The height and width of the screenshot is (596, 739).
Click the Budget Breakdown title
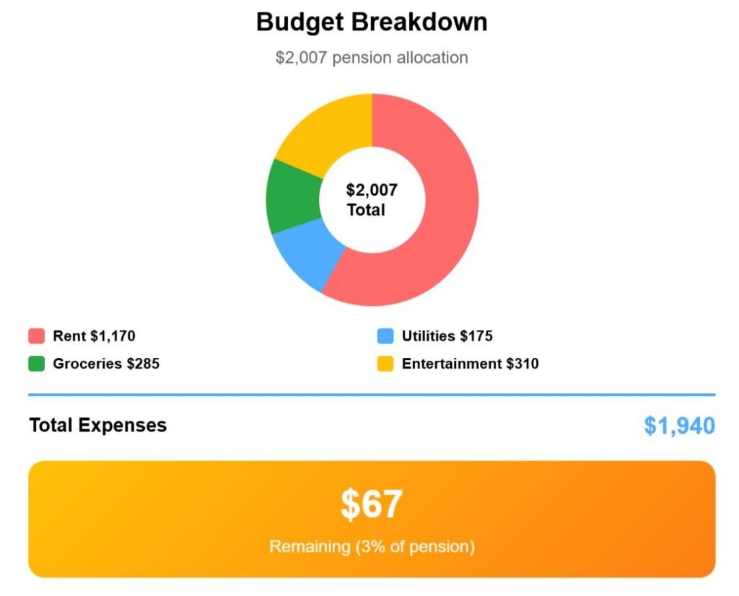pos(372,22)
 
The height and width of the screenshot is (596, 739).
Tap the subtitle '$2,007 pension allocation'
pos(372,58)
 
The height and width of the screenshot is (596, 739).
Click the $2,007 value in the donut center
pos(372,190)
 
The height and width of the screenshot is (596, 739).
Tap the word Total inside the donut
pos(366,210)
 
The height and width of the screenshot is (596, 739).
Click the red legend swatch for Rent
pos(37,336)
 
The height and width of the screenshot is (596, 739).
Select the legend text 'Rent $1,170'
pos(94,336)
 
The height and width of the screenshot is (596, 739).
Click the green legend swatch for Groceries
pos(37,364)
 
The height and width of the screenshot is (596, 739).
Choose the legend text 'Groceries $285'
pos(106,364)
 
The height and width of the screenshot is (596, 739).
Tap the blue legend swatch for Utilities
pos(385,336)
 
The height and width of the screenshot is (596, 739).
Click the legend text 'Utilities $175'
pos(447,336)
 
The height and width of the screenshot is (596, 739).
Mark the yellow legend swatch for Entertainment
pos(385,364)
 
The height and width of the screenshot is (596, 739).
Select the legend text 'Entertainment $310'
pos(470,364)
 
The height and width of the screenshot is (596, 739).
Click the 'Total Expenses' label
pos(97,425)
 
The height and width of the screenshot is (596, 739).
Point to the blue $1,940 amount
pos(679,426)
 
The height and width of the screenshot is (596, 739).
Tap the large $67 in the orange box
pos(372,504)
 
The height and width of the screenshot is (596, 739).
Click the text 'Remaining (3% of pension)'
pos(372,546)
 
